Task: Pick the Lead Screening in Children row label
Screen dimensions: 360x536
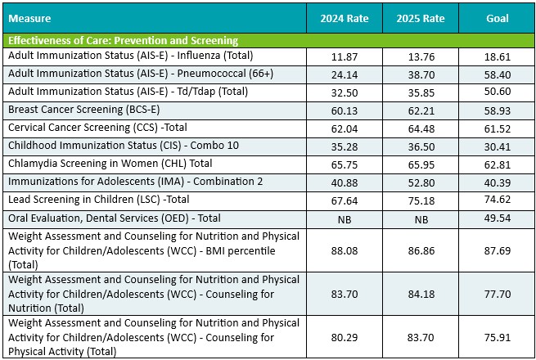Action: pos(98,199)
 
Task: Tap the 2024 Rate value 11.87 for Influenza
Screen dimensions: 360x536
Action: pos(343,56)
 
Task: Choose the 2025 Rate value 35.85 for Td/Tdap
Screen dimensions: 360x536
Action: pos(421,92)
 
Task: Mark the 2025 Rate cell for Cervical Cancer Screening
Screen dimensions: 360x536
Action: pos(421,128)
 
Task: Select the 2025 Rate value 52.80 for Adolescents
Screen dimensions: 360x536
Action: pos(421,182)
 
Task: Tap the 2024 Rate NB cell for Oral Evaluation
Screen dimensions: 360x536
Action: pos(343,219)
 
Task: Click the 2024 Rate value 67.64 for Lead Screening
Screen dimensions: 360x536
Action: pos(343,200)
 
